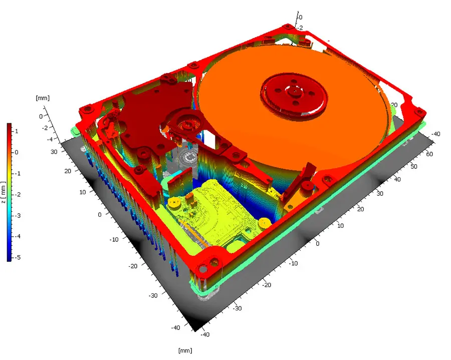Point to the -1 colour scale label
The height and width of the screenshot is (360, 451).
(18, 174)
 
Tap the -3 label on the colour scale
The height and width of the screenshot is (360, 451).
(18, 215)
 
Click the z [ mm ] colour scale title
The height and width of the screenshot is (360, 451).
(4, 192)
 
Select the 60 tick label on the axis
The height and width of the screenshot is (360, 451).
(429, 154)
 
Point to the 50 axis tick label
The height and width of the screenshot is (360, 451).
(413, 166)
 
